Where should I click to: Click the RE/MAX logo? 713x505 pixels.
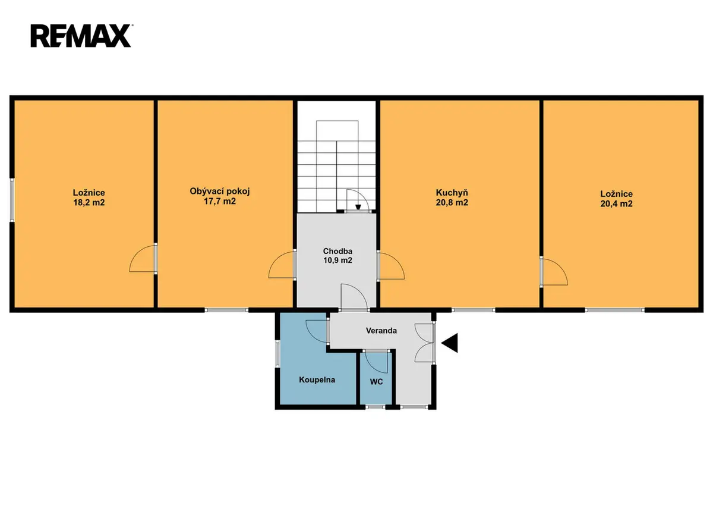(81, 36)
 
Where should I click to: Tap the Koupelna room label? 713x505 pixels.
(317, 379)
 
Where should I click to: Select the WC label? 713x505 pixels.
(376, 382)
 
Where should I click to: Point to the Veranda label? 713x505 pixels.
(381, 331)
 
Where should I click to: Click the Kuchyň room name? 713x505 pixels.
(452, 193)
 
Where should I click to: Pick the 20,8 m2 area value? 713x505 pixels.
(452, 203)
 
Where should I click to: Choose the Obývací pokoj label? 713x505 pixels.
(220, 191)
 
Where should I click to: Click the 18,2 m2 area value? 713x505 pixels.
(89, 203)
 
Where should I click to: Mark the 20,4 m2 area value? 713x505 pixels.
(617, 204)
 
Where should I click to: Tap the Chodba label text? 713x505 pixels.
(337, 251)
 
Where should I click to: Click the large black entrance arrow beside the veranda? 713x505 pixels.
(450, 343)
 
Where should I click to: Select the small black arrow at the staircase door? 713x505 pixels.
(358, 207)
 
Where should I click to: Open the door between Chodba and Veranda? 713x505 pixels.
(354, 297)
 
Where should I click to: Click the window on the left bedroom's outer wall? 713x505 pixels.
(12, 200)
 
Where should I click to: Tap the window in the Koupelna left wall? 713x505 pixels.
(277, 355)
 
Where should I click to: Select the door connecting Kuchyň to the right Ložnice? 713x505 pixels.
(554, 271)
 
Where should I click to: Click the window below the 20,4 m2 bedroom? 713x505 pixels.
(614, 310)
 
